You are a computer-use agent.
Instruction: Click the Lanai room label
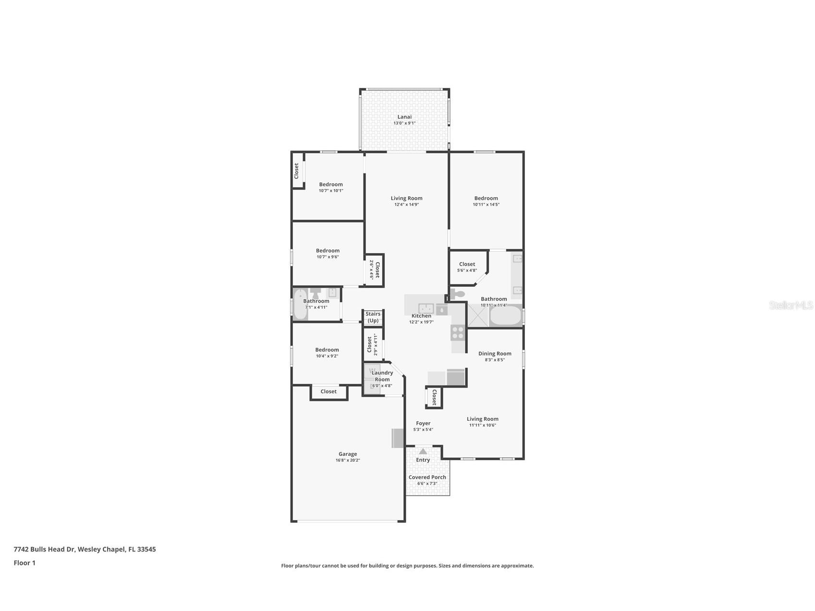tap(404, 117)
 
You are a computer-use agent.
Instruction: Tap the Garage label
tap(348, 454)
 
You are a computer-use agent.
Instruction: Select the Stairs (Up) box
tap(373, 318)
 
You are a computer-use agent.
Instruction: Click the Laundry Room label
tap(382, 376)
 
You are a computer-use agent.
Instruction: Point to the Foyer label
tap(423, 423)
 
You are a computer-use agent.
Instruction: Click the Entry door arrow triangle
tap(423, 452)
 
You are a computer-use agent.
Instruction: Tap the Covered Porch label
tap(427, 477)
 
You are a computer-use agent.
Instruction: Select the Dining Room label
tap(495, 354)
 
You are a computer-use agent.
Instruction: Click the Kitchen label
tap(421, 316)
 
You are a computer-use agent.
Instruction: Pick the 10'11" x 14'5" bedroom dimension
tap(486, 205)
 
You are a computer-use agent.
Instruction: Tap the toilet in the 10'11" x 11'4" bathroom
tap(457, 294)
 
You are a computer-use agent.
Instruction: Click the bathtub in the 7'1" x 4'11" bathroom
tap(300, 304)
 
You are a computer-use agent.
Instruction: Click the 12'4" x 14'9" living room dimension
tap(407, 205)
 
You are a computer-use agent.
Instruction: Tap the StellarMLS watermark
tap(791, 305)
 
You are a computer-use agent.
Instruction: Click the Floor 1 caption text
tap(24, 563)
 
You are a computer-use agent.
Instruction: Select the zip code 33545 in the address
tap(146, 549)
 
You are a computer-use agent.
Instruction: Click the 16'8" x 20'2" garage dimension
tap(348, 460)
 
